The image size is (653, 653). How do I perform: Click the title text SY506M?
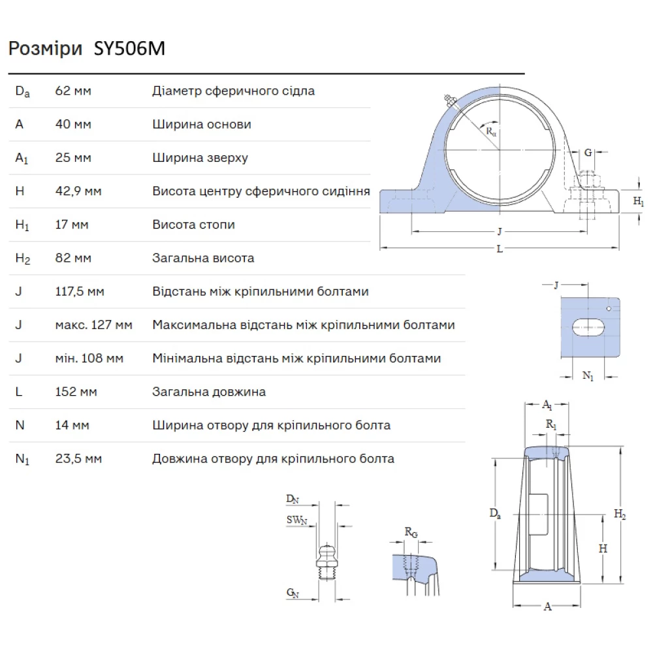pyautogui.click(x=127, y=50)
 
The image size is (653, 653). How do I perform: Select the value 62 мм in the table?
pyautogui.click(x=73, y=91)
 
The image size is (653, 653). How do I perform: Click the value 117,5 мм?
pyautogui.click(x=80, y=291)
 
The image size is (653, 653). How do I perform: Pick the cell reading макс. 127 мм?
pyautogui.click(x=93, y=325)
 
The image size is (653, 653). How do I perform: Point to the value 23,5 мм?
pyautogui.click(x=78, y=458)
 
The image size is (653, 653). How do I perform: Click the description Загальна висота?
pyautogui.click(x=203, y=258)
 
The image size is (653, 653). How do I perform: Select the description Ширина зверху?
pyautogui.click(x=200, y=158)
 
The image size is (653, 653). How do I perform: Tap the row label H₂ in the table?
pyautogui.click(x=23, y=259)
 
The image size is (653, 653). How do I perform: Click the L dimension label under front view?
pyautogui.click(x=500, y=249)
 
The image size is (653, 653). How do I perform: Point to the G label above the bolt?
pyautogui.click(x=588, y=153)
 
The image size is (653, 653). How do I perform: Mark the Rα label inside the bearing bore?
pyautogui.click(x=491, y=130)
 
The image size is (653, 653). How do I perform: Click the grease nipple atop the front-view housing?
pyautogui.click(x=449, y=100)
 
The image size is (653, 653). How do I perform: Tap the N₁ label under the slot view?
pyautogui.click(x=588, y=376)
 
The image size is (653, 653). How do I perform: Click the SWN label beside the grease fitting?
pyautogui.click(x=296, y=520)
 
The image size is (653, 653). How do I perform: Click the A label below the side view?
pyautogui.click(x=548, y=607)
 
